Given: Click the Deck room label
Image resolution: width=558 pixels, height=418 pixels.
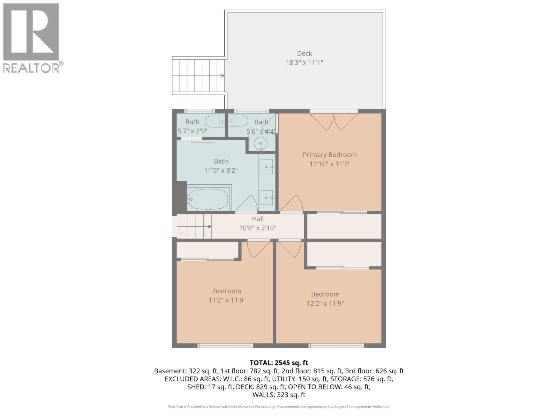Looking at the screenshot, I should [x=304, y=53].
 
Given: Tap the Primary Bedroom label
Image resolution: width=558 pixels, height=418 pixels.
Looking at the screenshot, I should [x=330, y=155].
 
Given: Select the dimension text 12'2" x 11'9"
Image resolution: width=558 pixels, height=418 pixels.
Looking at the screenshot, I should [x=325, y=303].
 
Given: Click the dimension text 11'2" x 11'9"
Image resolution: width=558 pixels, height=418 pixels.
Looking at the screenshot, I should [x=227, y=300].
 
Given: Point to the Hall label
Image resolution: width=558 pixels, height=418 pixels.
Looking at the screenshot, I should [x=258, y=219].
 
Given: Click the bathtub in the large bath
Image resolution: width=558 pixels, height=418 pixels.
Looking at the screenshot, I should [x=208, y=199].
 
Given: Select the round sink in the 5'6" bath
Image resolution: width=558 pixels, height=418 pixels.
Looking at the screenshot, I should [x=260, y=143].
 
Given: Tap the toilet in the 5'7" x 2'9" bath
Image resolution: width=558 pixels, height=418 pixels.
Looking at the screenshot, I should [x=214, y=122].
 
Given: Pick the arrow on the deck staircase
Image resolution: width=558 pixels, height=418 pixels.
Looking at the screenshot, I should [x=222, y=76].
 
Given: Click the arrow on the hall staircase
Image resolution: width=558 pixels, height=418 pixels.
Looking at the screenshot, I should [x=210, y=226].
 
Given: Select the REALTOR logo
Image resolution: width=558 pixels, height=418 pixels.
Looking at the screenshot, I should [x=31, y=38].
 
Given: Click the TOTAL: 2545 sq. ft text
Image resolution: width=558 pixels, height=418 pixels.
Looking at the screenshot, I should [x=279, y=363].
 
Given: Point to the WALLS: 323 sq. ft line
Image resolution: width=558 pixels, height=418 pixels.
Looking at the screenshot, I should [x=279, y=395].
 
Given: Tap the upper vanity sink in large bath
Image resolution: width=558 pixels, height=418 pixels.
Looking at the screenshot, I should [x=266, y=167].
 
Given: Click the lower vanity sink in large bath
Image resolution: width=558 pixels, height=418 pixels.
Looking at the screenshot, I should [x=266, y=198].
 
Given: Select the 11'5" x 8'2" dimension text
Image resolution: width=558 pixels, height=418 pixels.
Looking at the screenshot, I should [x=221, y=171].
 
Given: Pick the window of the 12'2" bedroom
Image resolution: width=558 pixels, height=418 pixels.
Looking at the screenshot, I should [x=336, y=346].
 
